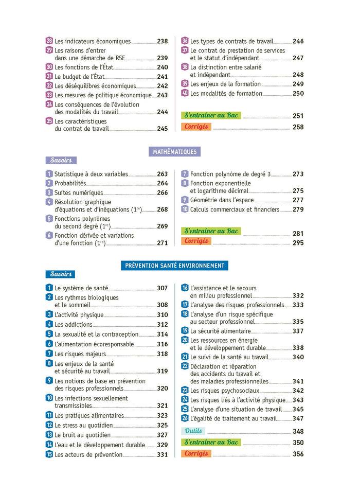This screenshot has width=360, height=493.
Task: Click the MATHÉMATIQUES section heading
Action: pos(175,152)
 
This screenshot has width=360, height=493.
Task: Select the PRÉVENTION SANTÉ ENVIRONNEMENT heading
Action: pos(175,266)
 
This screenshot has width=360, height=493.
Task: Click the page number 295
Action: pos(298,243)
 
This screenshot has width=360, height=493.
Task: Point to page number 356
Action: pos(298,454)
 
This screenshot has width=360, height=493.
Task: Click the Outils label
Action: pos(193,431)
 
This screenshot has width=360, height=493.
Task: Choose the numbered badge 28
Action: pos(49,41)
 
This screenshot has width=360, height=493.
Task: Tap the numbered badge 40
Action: pos(185,93)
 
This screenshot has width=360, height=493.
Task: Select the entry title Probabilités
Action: pos(70,183)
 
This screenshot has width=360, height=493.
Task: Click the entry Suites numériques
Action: pos(79,192)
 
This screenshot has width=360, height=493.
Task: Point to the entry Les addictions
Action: pos(74,324)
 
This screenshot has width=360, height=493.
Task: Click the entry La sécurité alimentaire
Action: pos(221,331)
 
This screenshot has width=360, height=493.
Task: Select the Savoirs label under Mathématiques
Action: pos(61,161)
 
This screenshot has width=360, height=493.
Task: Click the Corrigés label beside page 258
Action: pos(196,127)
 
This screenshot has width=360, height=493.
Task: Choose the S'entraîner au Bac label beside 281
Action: pos(211,232)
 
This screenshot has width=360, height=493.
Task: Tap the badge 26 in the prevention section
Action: pos(185,418)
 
